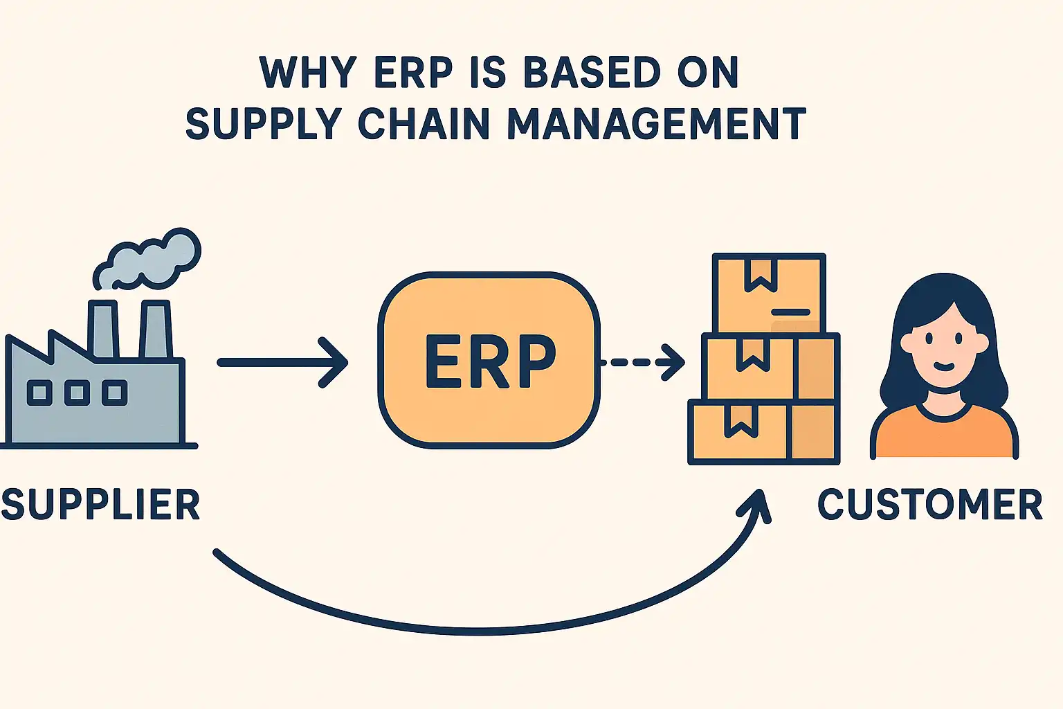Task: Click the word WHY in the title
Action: tap(307, 72)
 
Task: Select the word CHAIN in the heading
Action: tap(424, 123)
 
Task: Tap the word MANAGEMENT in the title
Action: tap(657, 123)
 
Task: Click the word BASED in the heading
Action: tap(592, 72)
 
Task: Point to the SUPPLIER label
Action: tap(100, 504)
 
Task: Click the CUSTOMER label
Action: tap(930, 504)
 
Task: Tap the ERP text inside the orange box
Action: tap(489, 361)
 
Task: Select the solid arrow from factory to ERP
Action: tap(283, 362)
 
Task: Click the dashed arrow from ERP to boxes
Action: tap(642, 362)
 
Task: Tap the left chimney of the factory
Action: tap(103, 329)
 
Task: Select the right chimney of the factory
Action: tap(155, 329)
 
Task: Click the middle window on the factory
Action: tap(77, 393)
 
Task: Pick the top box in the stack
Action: tap(769, 294)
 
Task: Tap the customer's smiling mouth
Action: tap(944, 366)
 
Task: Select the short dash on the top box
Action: tap(790, 312)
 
